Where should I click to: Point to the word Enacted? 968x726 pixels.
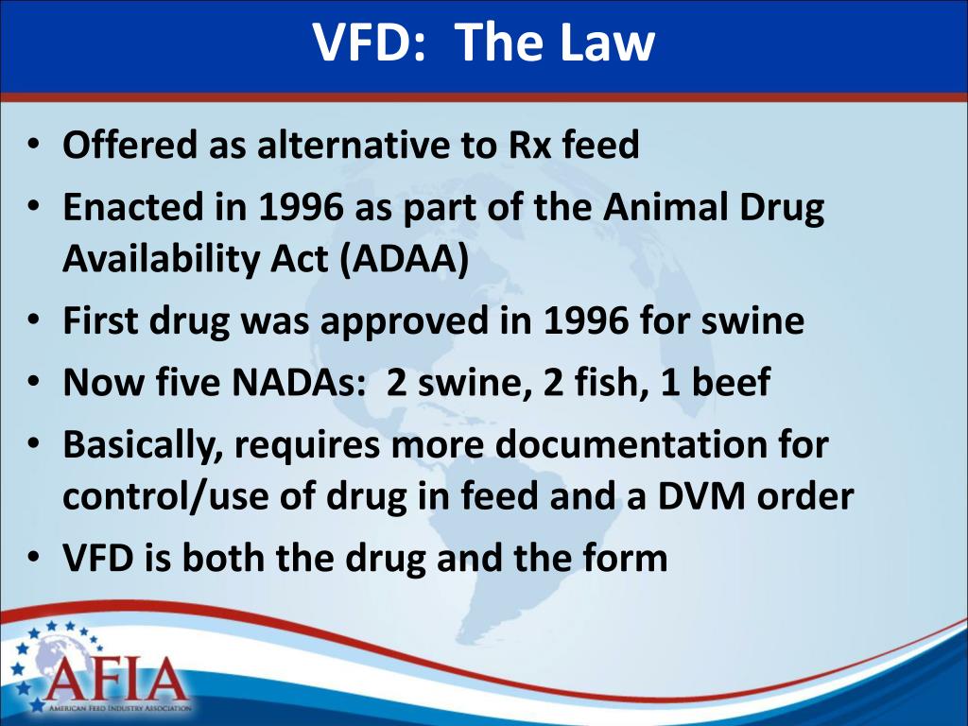(132, 207)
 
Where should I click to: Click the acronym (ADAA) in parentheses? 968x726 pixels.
(405, 258)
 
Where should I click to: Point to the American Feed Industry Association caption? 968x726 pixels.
(120, 708)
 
